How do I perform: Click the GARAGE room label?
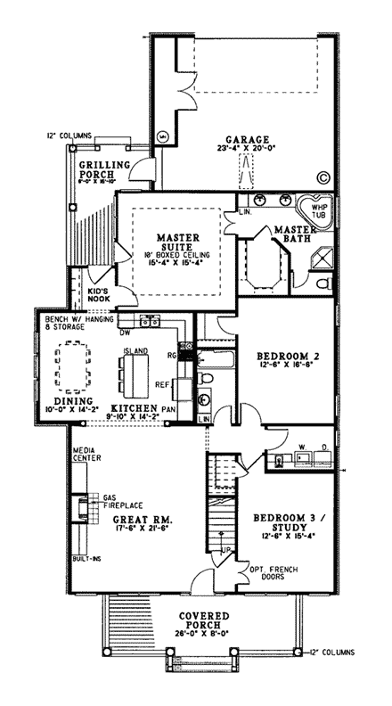tap(241, 140)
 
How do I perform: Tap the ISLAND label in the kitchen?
tap(135, 349)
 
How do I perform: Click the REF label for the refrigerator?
tap(164, 386)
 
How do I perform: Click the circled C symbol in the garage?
tap(323, 177)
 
